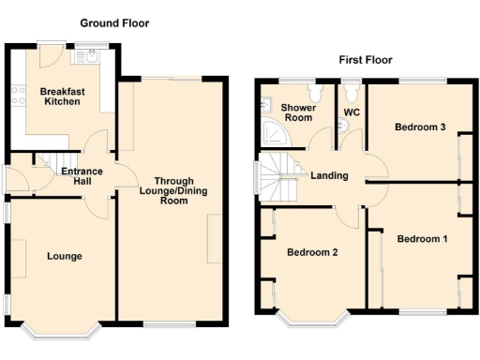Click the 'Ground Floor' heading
pyautogui.click(x=113, y=22)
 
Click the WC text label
pyautogui.click(x=352, y=112)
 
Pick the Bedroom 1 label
pyautogui.click(x=422, y=239)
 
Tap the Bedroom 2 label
pyautogui.click(x=312, y=252)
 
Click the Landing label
pyautogui.click(x=330, y=175)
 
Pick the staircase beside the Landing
pyautogui.click(x=276, y=178)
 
